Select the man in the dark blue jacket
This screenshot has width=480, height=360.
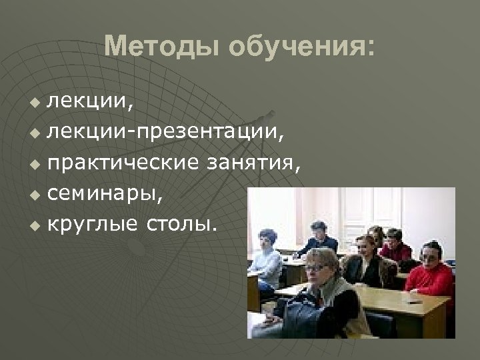click(319, 240)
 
